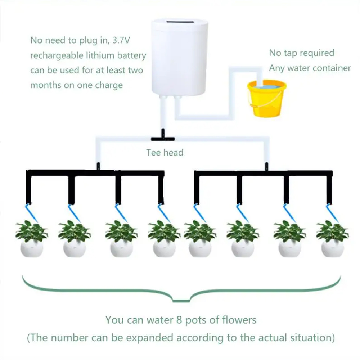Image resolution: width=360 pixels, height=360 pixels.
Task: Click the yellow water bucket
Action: tap(266, 99)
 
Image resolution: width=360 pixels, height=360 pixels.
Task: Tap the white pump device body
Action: tap(180, 57)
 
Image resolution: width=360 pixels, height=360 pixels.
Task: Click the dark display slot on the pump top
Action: tap(180, 22)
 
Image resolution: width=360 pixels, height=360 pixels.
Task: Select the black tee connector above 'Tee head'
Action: tap(163, 136)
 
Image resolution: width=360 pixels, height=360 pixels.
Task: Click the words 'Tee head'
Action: tap(165, 153)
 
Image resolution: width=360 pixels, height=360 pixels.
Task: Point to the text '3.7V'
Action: tap(121, 40)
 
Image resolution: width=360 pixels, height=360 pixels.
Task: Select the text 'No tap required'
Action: tap(301, 53)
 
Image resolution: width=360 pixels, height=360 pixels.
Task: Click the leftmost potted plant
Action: tap(32, 239)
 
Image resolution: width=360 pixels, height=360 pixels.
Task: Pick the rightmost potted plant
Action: tap(332, 239)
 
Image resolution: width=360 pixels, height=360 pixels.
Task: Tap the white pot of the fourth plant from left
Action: tap(165, 249)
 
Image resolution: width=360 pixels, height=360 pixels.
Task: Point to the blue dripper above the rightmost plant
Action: tap(332, 213)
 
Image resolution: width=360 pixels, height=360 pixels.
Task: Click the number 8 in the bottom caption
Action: tap(179, 320)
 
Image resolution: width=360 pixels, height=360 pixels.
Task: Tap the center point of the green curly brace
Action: tap(181, 300)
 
